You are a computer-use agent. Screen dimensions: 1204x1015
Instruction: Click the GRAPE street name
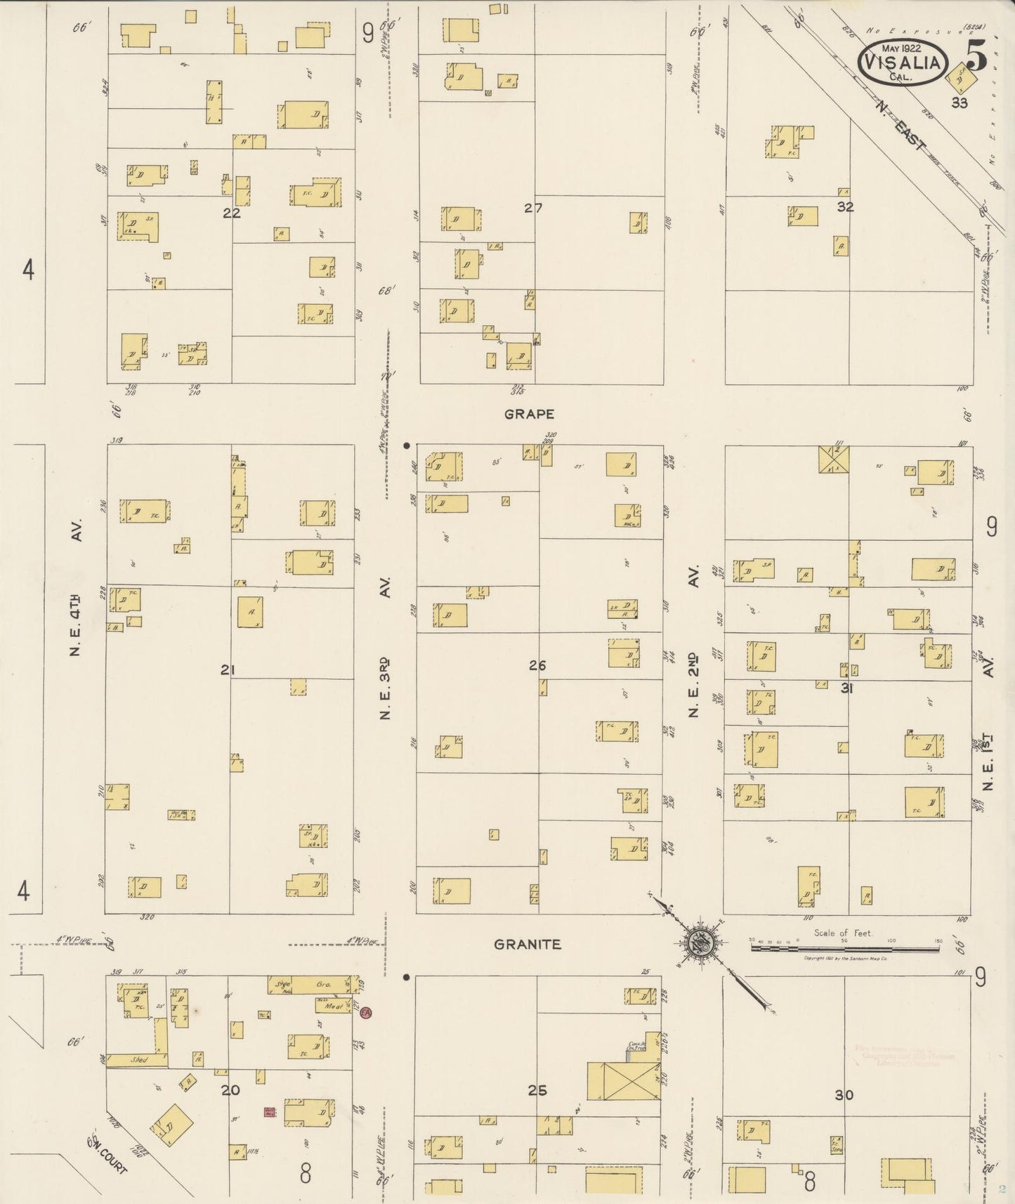point(529,414)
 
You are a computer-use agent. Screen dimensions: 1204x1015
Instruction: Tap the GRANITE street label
point(528,945)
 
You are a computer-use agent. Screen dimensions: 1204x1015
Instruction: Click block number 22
point(232,214)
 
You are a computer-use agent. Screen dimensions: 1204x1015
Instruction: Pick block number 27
point(533,208)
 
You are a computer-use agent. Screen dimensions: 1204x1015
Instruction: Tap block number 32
point(845,207)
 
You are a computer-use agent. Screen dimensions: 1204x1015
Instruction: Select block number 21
point(226,671)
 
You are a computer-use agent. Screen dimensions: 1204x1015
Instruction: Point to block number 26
point(537,665)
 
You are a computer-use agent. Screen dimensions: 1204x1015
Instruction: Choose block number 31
point(846,689)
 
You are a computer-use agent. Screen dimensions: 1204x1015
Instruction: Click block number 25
point(537,1091)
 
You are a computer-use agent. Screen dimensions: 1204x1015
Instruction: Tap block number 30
point(844,1094)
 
